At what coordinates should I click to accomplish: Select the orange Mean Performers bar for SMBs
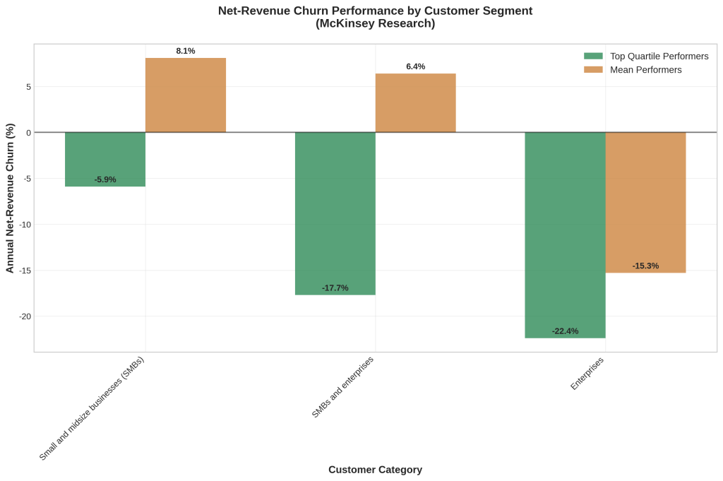186,95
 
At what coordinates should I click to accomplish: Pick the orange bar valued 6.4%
415,103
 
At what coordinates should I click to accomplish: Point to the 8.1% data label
186,51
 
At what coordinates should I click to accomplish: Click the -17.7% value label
335,288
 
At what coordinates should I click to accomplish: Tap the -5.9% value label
105,179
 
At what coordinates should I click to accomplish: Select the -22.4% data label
565,331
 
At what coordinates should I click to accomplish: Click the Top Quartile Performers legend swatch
593,56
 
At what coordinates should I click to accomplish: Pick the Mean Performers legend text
645,70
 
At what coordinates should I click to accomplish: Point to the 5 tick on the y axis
28,87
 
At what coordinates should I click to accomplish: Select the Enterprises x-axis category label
587,374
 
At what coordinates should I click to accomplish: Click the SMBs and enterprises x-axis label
343,386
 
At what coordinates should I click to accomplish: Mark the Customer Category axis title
375,470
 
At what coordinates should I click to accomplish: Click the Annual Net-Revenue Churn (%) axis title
10,198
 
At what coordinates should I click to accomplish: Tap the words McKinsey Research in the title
375,24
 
